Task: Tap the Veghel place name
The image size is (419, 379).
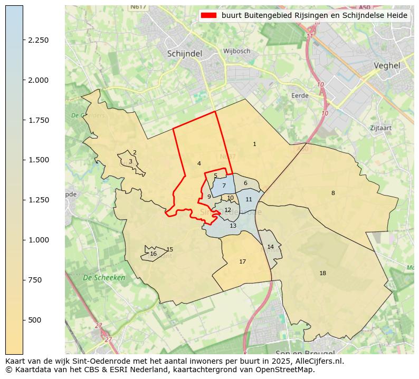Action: click(x=387, y=66)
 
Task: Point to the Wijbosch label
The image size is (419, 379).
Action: click(x=236, y=51)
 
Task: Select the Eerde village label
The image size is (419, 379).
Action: click(x=300, y=95)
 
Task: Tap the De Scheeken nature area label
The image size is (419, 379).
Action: click(x=104, y=277)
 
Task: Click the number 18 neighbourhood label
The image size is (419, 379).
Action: click(x=322, y=273)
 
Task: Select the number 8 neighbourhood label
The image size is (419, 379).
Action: click(x=333, y=193)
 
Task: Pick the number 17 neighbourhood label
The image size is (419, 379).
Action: click(x=242, y=261)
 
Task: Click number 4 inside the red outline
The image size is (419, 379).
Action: click(x=199, y=163)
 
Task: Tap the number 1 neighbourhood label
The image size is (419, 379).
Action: click(x=254, y=144)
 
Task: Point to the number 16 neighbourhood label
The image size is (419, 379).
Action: click(x=153, y=254)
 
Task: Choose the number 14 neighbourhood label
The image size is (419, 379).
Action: click(x=270, y=247)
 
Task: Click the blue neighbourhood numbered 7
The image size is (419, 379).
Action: click(x=224, y=186)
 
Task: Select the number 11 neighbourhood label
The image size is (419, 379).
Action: click(x=249, y=199)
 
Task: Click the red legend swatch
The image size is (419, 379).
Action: click(x=208, y=16)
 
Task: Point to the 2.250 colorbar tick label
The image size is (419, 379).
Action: click(x=39, y=40)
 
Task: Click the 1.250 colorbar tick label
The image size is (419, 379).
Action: click(x=39, y=200)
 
